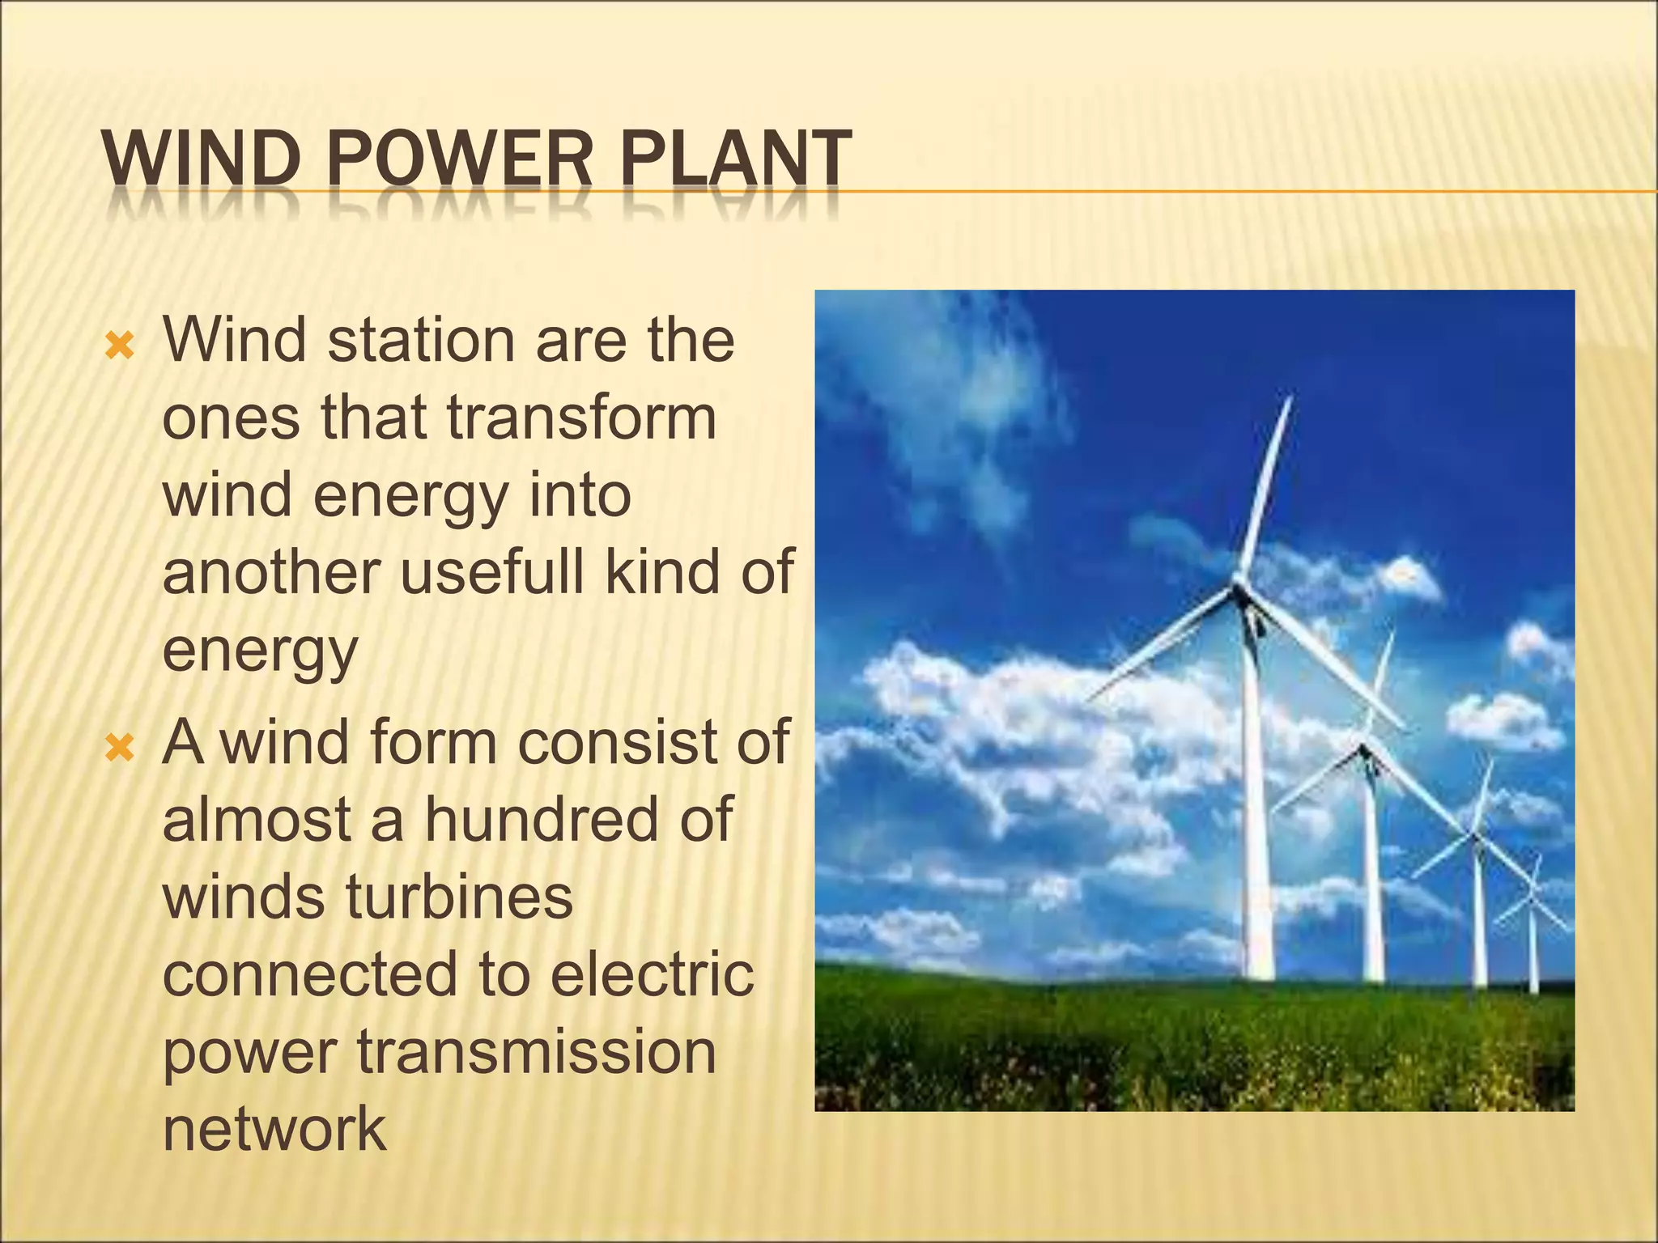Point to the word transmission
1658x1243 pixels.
click(x=537, y=1052)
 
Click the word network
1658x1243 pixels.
click(x=274, y=1129)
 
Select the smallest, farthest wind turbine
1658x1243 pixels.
click(x=1532, y=898)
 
